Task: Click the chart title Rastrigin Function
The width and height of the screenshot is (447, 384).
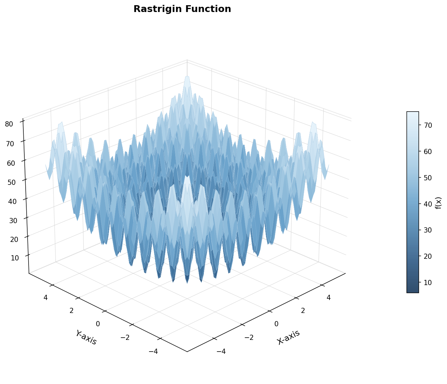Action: [182, 9]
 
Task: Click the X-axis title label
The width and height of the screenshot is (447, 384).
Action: [288, 337]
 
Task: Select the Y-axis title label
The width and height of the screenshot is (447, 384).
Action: [86, 337]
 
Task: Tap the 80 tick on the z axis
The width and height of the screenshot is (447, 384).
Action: [9, 124]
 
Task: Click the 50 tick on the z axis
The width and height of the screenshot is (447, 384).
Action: [11, 182]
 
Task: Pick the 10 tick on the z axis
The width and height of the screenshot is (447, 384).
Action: [15, 258]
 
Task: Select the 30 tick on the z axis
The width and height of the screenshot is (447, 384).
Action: [13, 221]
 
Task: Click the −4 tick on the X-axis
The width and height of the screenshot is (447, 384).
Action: [221, 352]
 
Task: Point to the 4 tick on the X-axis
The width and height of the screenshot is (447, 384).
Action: [329, 298]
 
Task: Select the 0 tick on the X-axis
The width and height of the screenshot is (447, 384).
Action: [276, 324]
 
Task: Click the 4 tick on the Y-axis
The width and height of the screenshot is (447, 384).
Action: [45, 298]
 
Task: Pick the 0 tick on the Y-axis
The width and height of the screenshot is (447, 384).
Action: [98, 324]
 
